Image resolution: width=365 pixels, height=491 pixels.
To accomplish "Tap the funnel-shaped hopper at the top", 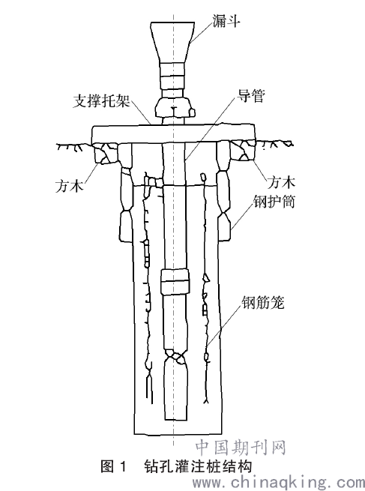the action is point(172,41).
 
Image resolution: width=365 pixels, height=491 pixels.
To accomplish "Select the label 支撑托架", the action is point(101,100).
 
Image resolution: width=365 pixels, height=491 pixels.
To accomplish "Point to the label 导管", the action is point(250,95).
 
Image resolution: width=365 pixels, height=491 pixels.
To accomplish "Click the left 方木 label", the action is point(70,186).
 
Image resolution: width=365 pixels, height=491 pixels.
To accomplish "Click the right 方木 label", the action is point(281,183).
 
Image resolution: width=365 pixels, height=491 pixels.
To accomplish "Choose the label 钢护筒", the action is point(274,202).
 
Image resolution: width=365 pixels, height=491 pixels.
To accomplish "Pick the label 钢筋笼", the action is point(263,303).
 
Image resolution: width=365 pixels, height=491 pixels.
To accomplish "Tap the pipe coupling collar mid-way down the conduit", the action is point(175,281).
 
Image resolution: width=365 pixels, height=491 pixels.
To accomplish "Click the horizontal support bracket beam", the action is point(173,133).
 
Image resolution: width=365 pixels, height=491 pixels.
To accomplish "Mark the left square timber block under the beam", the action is point(105,153).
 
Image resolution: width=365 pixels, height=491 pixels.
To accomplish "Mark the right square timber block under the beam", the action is point(243,151).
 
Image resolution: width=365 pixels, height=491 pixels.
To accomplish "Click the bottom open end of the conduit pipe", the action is point(176,419).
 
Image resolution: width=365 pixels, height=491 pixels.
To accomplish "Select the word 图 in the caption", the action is point(107,466).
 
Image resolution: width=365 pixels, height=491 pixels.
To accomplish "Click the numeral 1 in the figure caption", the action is point(123,466).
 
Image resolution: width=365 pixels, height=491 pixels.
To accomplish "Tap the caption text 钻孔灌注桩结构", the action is point(198,466).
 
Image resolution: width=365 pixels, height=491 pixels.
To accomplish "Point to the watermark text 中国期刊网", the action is point(241,448).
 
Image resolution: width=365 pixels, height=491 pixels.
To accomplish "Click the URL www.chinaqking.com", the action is point(279,482).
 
